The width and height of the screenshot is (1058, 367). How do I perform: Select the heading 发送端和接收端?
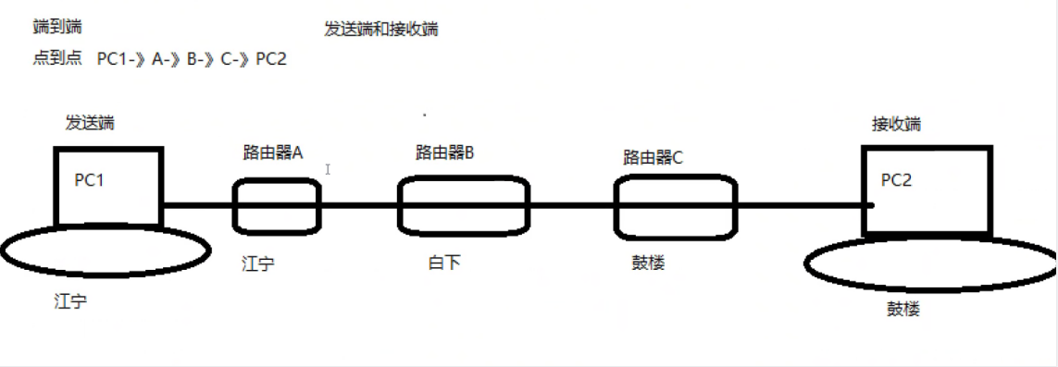pos(380,29)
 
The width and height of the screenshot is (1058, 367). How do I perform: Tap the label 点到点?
pos(57,59)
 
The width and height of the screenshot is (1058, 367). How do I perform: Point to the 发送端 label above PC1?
pos(90,123)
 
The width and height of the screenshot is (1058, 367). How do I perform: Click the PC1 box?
pos(108,185)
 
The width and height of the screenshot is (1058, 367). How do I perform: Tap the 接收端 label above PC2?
pos(896,124)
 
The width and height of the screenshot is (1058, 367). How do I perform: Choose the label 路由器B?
pos(445,153)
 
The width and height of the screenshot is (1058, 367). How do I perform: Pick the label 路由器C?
pos(653,157)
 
